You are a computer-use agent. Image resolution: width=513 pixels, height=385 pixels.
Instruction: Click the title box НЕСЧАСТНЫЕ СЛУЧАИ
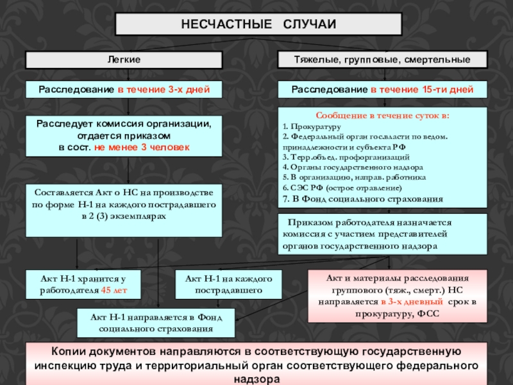tap(258, 24)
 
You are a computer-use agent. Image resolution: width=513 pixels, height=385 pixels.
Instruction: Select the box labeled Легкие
tap(124, 60)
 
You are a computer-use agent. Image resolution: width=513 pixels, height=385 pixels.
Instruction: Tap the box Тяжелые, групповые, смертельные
tap(383, 60)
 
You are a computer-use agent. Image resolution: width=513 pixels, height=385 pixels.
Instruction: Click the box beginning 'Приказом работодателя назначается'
tap(382, 234)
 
